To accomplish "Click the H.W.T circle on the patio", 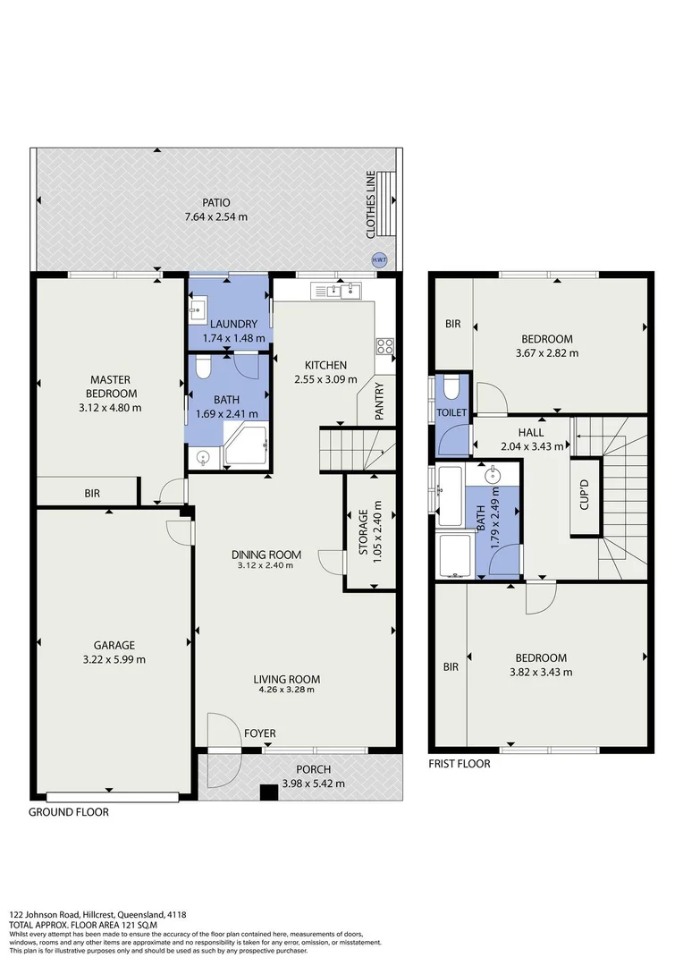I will tap(379, 259).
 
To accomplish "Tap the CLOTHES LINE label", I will tap(370, 206).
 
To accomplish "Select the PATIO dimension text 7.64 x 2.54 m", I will tap(215, 216).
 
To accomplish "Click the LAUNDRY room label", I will tap(231, 324).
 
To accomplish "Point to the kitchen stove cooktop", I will tap(384, 346).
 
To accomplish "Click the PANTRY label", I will tap(380, 402).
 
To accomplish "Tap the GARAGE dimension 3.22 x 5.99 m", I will tap(114, 659).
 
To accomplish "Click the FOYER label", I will tap(260, 733).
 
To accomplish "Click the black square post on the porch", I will tap(266, 792).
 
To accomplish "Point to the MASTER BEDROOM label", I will tap(113, 387).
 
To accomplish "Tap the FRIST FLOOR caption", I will tap(460, 764).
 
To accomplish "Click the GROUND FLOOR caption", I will tap(69, 813).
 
